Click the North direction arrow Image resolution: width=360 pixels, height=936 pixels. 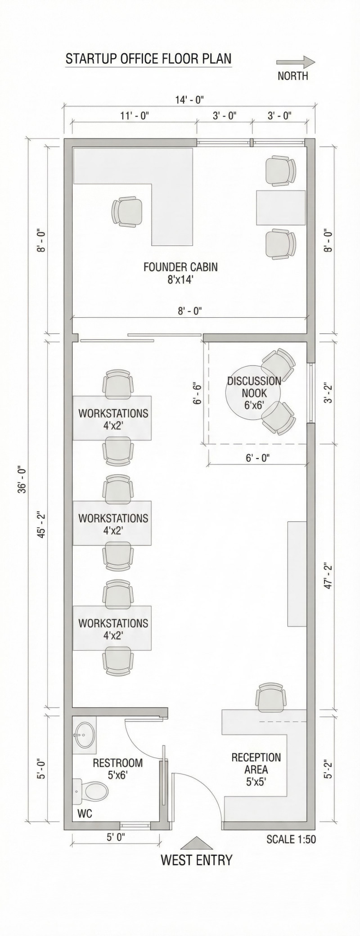(296, 62)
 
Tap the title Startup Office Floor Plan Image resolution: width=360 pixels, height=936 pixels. (148, 59)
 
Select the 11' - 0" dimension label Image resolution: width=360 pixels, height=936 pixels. (135, 116)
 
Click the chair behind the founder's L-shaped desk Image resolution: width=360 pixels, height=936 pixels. (128, 211)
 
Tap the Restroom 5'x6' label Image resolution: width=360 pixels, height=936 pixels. (117, 769)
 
